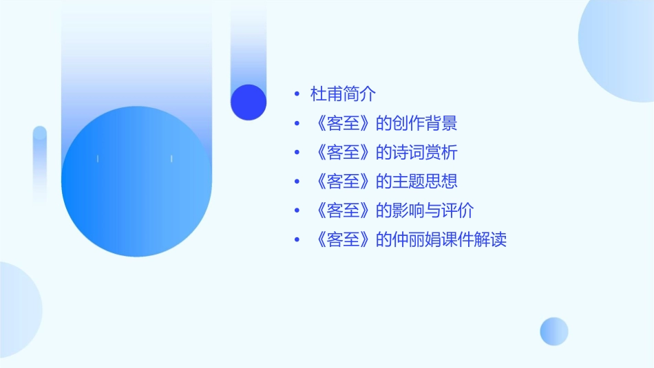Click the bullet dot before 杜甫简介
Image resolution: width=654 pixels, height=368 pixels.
[x=296, y=94]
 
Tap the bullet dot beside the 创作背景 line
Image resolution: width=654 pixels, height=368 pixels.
[x=296, y=124]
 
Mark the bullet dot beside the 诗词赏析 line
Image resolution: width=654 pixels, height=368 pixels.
[x=296, y=153]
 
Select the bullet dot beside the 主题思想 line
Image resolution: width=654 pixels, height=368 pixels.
[x=296, y=182]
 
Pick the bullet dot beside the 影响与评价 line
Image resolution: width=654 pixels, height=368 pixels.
[x=296, y=210]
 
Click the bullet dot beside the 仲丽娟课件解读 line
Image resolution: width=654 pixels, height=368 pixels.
[x=296, y=240]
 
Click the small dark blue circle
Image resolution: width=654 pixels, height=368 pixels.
[x=249, y=102]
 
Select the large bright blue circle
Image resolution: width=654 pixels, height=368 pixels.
[x=136, y=182]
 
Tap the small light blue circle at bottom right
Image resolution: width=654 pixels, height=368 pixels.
[x=554, y=331]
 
